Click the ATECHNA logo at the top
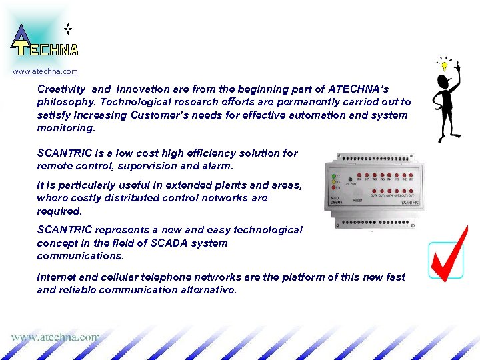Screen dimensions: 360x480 pyautogui.click(x=43, y=41)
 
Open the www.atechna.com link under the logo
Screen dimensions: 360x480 pyautogui.click(x=45, y=71)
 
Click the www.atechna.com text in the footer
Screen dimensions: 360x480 pyautogui.click(x=55, y=337)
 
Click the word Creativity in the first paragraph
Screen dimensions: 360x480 pyautogui.click(x=61, y=89)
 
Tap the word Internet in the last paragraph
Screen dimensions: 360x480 pyautogui.click(x=58, y=277)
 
